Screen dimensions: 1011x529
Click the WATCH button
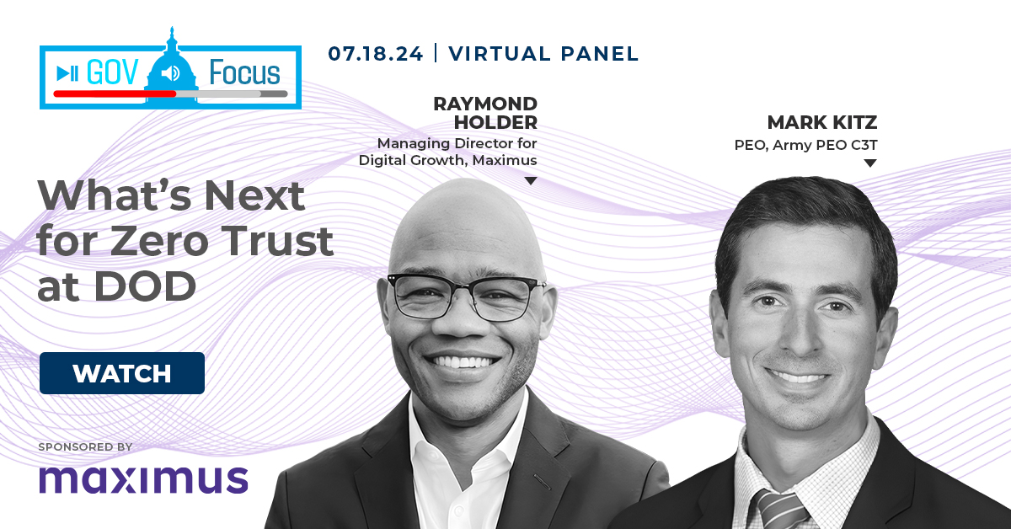122,373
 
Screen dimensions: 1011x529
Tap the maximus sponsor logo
143,480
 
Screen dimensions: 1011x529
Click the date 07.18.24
376,54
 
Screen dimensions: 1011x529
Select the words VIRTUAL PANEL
543,54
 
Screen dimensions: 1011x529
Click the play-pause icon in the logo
67,73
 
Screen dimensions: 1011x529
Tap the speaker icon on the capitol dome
170,72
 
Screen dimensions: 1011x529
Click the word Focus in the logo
244,72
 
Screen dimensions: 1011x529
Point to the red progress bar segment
115,94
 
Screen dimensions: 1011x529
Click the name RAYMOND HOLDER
485,113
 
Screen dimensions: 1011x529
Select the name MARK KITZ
822,122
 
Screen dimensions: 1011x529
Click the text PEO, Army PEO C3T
805,146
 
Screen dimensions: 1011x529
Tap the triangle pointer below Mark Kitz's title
870,163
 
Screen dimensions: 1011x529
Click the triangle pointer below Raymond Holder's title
531,181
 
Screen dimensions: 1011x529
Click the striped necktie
781,509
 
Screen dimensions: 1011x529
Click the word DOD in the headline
145,286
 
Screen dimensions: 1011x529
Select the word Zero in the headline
158,242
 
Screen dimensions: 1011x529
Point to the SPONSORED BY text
85,446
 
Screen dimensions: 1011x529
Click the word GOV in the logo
112,72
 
